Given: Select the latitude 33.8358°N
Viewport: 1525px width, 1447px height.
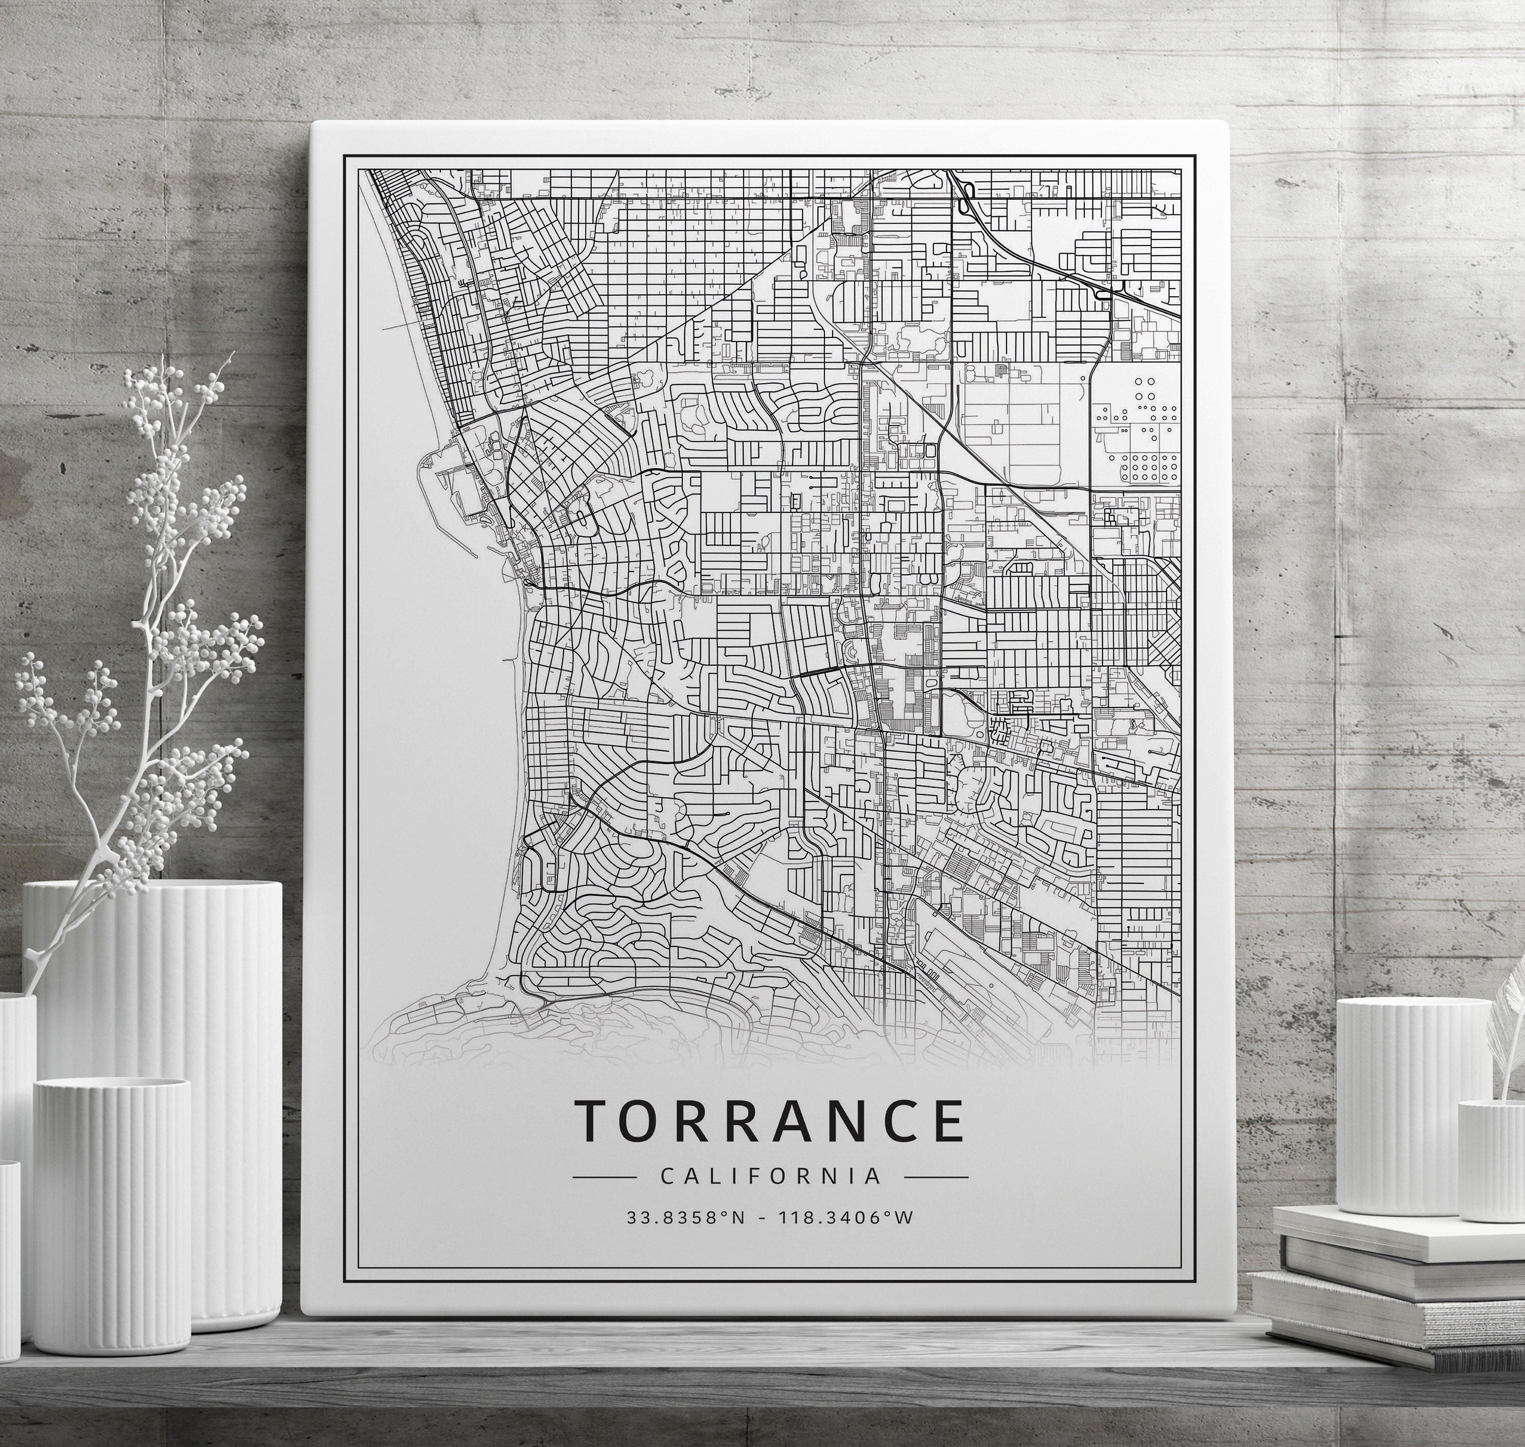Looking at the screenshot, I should tap(686, 1218).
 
